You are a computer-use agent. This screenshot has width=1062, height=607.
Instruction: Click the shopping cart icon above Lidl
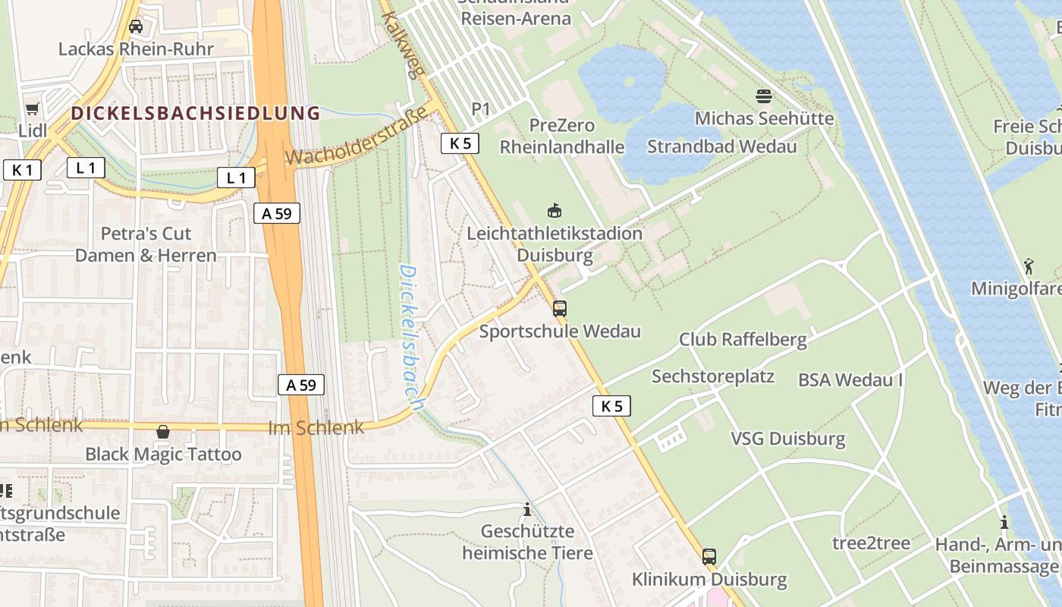coord(32,109)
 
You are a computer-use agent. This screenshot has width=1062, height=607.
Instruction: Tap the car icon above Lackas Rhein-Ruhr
coord(136,27)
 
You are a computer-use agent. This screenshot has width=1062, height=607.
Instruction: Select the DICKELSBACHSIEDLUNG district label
coord(196,114)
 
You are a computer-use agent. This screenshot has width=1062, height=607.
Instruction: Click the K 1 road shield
coord(22,170)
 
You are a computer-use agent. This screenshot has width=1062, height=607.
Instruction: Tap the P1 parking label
coord(481,109)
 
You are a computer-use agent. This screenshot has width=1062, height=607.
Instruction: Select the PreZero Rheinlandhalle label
coord(562,136)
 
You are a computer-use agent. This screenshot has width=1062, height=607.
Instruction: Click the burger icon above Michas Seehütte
coord(764,96)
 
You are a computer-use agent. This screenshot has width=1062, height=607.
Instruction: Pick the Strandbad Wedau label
coord(721,146)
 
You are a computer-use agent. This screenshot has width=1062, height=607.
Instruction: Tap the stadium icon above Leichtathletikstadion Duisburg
coord(555,210)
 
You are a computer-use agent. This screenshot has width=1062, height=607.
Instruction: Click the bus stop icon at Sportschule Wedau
coord(560,308)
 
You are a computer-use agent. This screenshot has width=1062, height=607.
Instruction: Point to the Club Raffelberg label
coord(743,339)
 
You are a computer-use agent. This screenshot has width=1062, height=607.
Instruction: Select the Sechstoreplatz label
coord(712,376)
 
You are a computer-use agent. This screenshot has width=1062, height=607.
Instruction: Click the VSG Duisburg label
coord(787,439)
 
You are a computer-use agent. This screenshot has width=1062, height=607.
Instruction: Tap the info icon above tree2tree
coord(1004,522)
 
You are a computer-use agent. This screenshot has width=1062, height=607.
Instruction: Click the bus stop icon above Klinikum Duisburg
coord(709,557)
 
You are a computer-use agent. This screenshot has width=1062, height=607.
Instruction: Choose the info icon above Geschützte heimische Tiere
coord(527,509)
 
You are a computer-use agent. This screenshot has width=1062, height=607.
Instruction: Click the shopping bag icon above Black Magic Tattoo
coord(163,432)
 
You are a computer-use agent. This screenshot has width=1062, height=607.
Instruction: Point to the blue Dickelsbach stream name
coord(409,337)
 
